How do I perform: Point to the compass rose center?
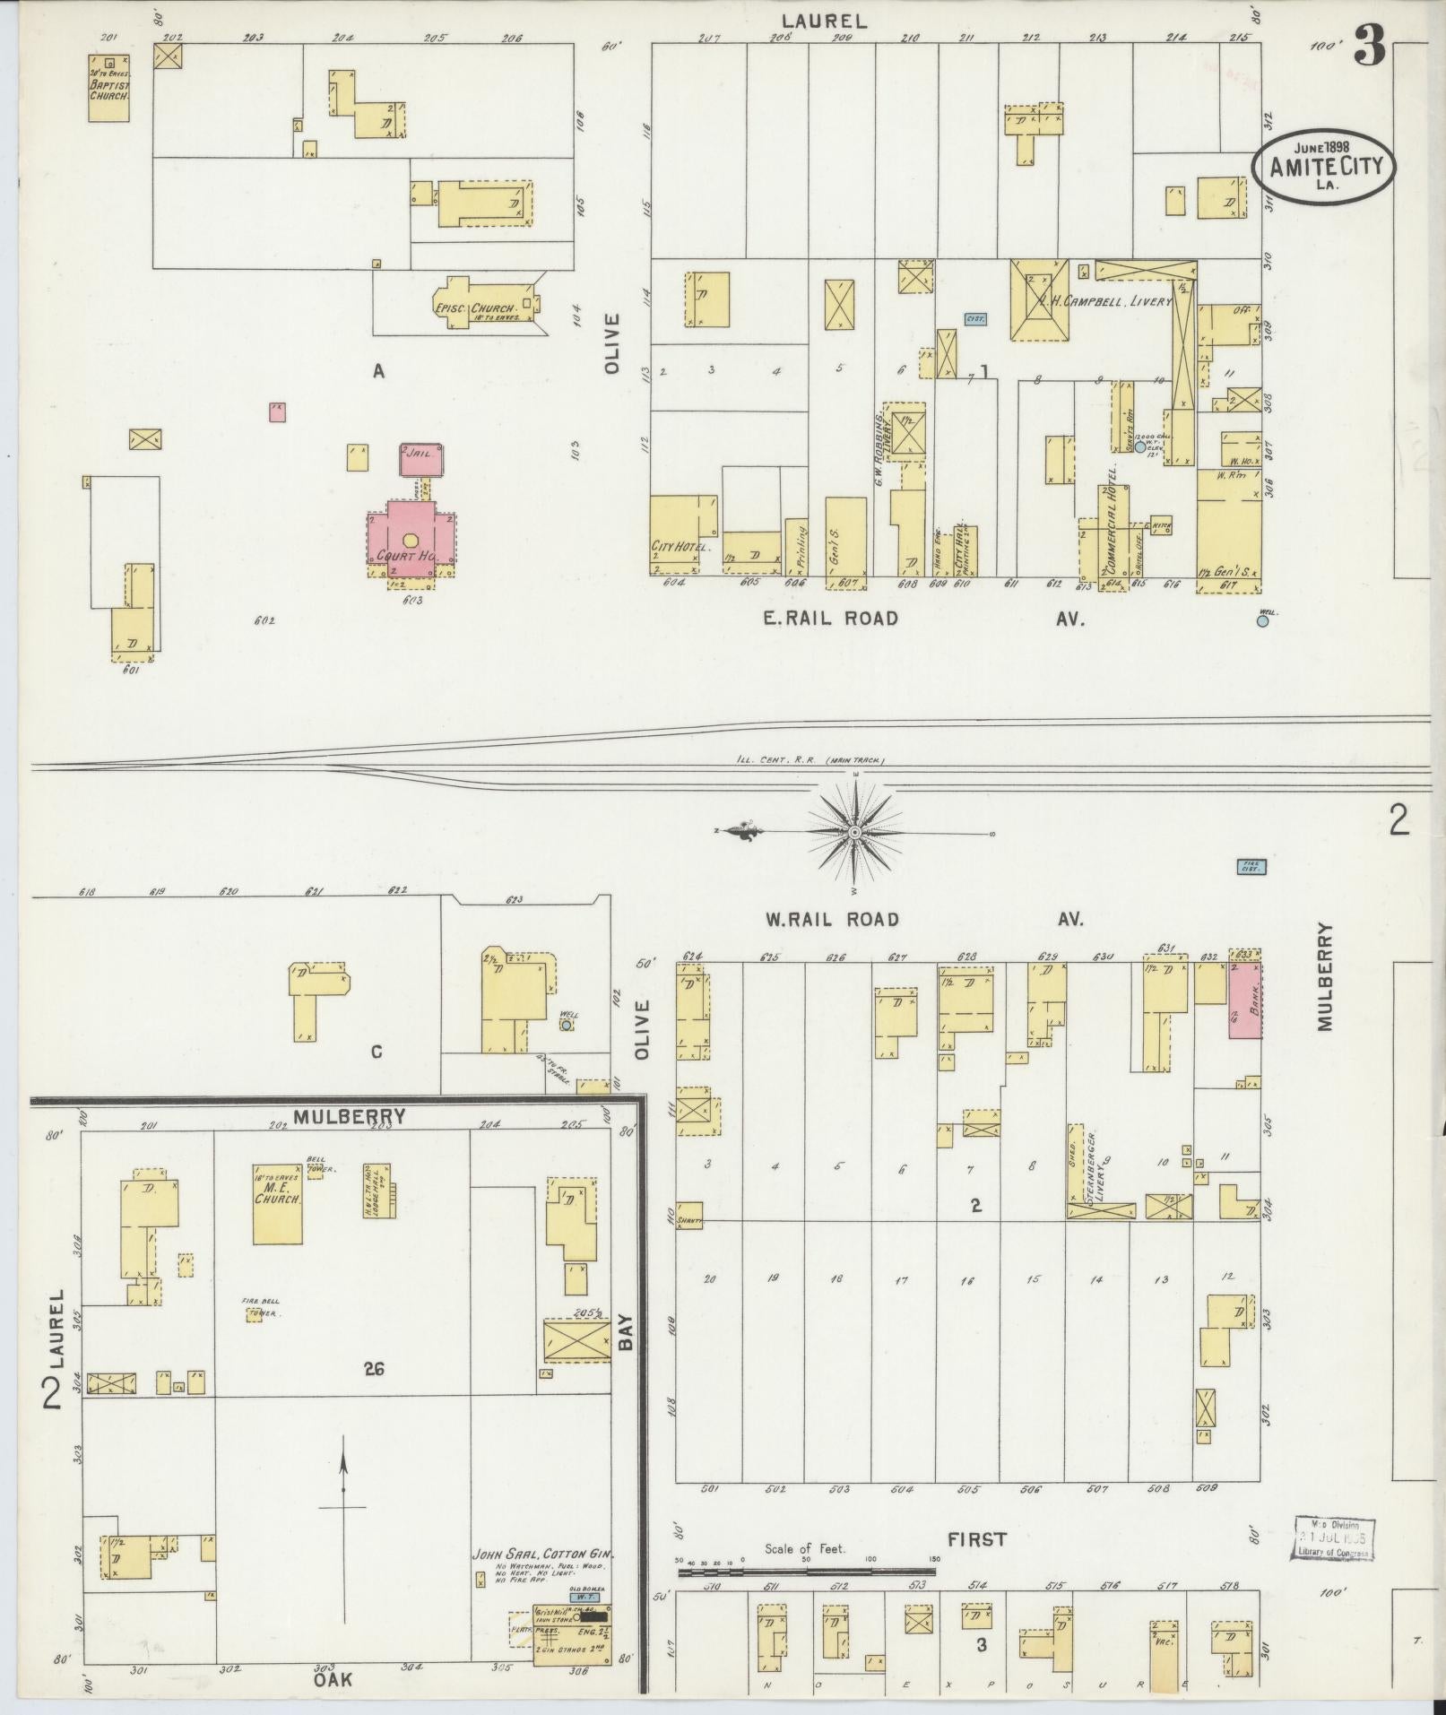[855, 833]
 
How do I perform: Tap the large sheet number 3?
[1370, 45]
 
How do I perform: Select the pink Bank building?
[1243, 1000]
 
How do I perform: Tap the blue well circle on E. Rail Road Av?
[1262, 619]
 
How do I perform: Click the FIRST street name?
[976, 1539]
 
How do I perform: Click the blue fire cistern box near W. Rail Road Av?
[1251, 867]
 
